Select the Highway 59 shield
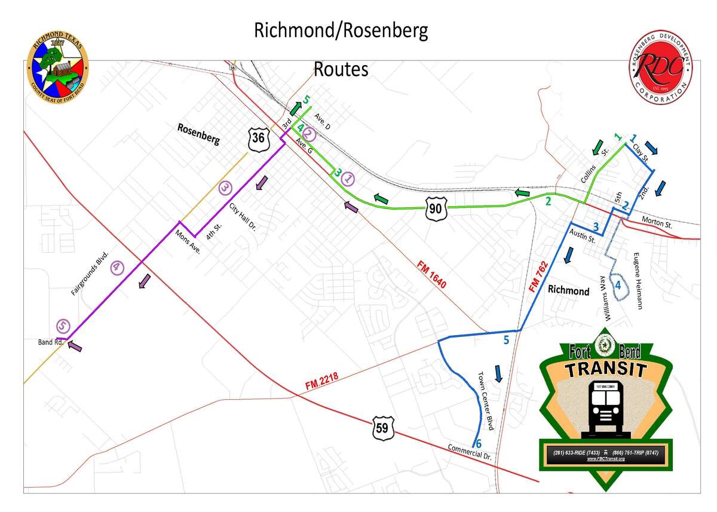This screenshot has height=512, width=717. (382, 428)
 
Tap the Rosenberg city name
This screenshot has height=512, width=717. (198, 135)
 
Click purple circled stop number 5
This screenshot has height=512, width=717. (63, 326)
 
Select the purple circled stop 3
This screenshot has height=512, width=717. (225, 187)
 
